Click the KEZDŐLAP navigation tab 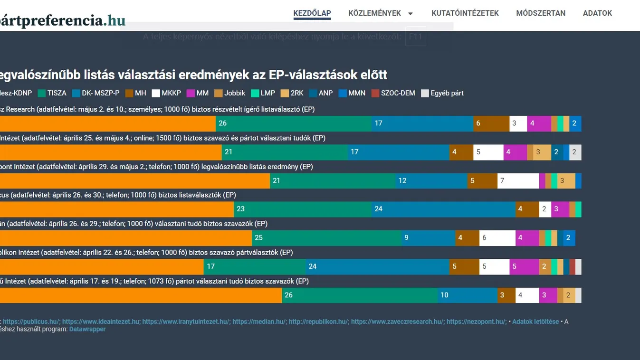coord(312,13)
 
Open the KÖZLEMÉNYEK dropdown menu coord(380,13)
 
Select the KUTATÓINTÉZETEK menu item coord(465,13)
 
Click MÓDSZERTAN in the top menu coord(540,13)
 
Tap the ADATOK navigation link coord(597,13)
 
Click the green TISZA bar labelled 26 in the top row coord(293,123)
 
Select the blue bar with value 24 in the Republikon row coord(378,266)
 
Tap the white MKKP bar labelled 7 coord(518,181)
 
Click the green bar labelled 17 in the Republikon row coord(255,266)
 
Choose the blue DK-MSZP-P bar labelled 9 coord(428,238)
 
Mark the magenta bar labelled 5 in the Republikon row coord(524,266)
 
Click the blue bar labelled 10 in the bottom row coord(468,295)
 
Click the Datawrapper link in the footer coord(87,329)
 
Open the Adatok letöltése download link coord(535,322)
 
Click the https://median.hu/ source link coord(259,322)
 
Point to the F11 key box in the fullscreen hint coord(415,37)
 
